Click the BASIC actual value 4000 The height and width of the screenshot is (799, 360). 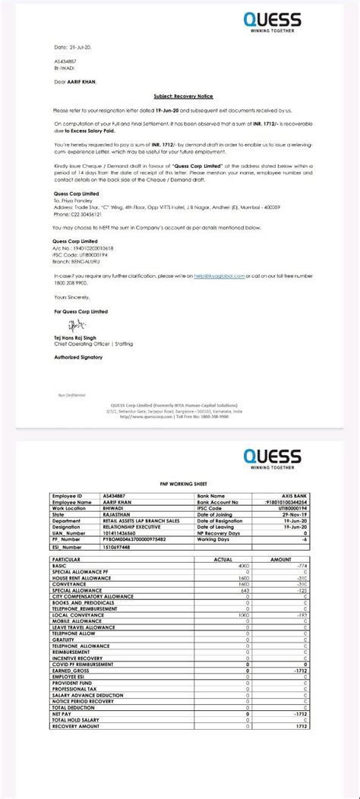tap(244, 567)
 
